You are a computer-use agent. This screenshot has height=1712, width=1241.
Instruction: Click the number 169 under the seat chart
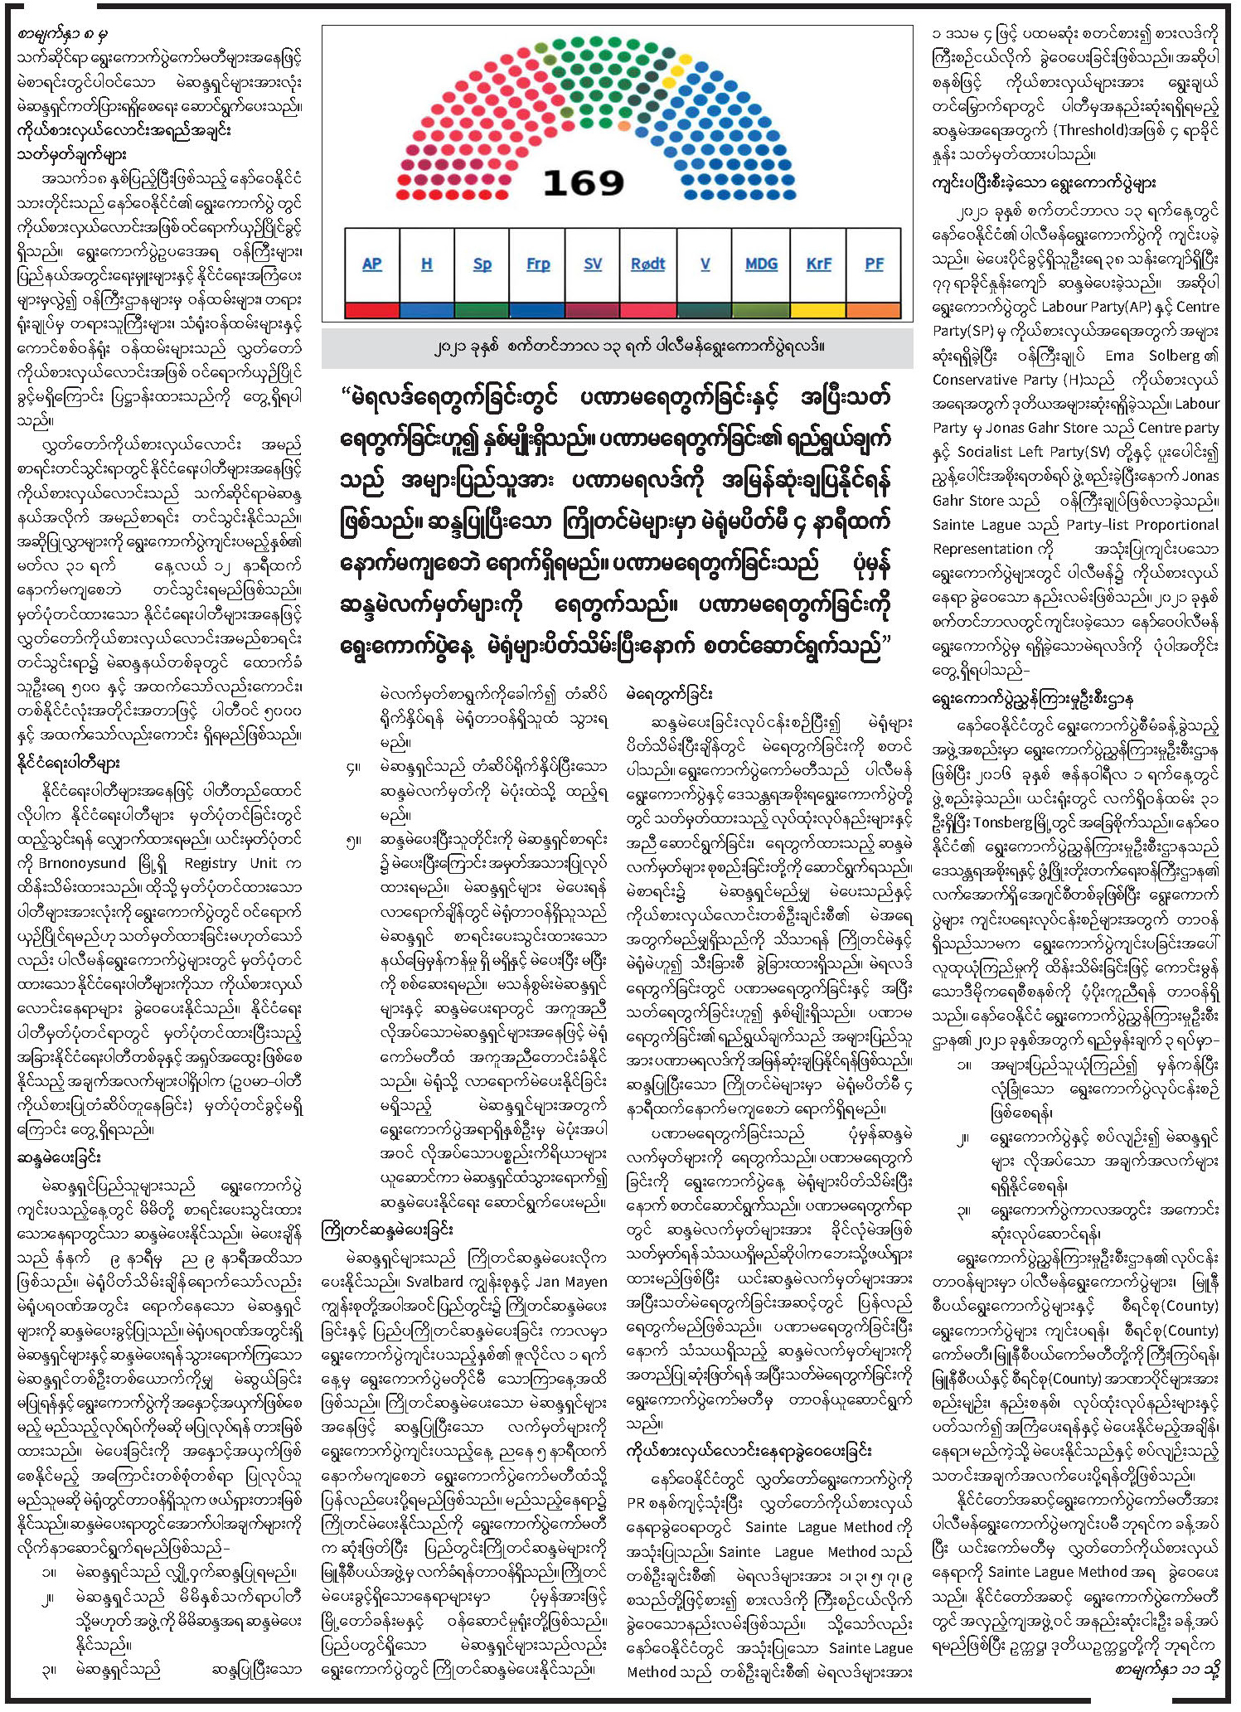pos(583,183)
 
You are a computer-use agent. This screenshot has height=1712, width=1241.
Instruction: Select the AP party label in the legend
pos(371,264)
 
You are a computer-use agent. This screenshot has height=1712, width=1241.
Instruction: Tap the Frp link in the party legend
pos(538,264)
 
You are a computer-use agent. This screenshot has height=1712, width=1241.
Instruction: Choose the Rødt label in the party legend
pos(647,264)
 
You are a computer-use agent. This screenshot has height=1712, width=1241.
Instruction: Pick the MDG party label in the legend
pos(761,264)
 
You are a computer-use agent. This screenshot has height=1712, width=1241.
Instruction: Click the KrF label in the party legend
pos(818,264)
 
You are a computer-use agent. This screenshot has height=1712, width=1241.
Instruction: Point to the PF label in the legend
pos(874,264)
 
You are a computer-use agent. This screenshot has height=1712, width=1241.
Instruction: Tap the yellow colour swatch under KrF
pos(818,311)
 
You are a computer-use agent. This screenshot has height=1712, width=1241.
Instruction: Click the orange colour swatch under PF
pos(874,311)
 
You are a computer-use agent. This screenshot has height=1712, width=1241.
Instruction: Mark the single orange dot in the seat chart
pos(623,125)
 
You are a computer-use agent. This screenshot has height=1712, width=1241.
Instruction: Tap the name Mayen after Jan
pos(584,1282)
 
